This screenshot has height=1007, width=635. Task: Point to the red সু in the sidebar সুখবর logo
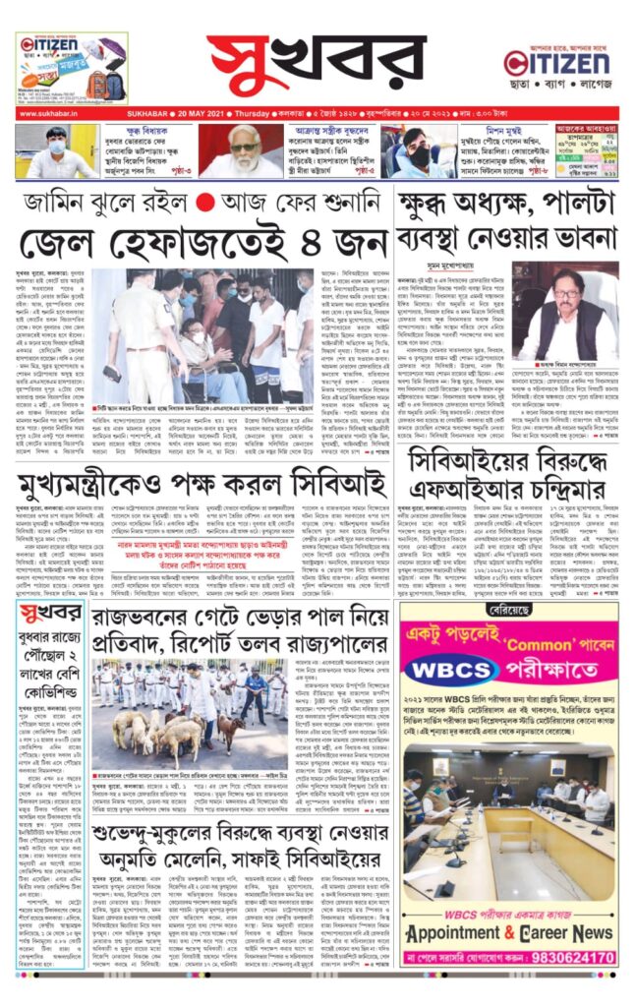coord(56,615)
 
